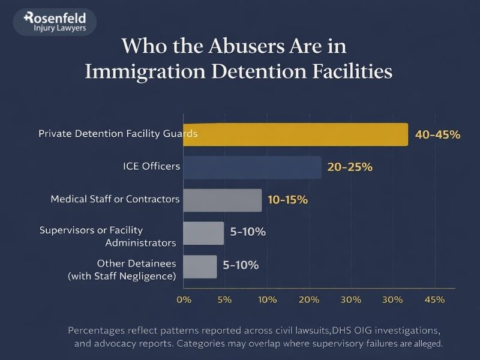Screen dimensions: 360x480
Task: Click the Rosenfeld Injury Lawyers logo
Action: [53, 22]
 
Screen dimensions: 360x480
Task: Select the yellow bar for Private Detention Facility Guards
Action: [295, 134]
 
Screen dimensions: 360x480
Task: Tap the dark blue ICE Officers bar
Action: [252, 167]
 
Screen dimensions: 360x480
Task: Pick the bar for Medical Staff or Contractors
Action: [222, 200]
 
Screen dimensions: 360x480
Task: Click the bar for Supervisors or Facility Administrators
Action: [203, 232]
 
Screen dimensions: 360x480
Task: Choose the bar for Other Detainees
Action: [199, 266]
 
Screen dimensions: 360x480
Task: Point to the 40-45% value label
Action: [437, 135]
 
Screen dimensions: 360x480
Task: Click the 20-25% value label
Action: [350, 167]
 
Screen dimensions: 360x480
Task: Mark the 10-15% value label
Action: [287, 200]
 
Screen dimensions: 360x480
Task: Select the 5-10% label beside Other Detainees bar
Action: [241, 265]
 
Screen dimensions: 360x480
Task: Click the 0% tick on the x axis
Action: [184, 299]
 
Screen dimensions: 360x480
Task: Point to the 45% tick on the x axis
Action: [434, 299]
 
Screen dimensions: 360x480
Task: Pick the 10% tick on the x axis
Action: [266, 299]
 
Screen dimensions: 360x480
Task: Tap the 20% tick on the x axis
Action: [308, 299]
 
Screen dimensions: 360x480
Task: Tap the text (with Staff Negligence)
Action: [122, 276]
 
